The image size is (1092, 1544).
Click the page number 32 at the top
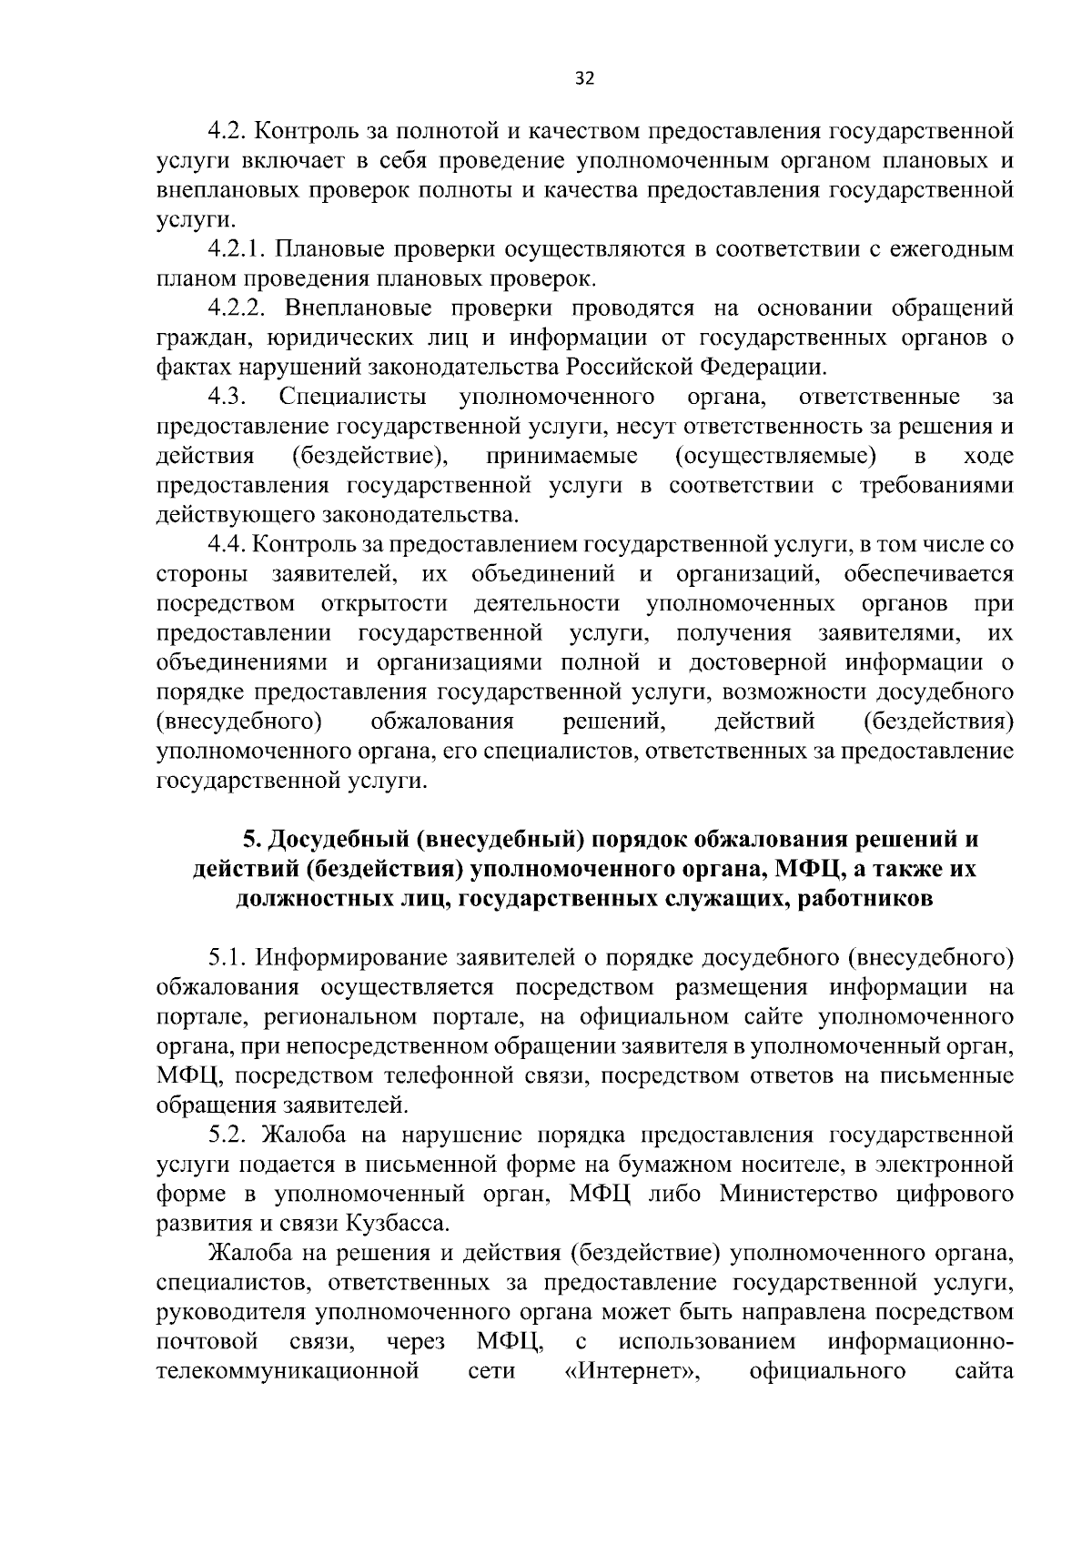pyautogui.click(x=584, y=79)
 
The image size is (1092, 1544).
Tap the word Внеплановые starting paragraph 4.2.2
pyautogui.click(x=352, y=308)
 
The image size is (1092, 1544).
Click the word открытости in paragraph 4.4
pyautogui.click(x=385, y=604)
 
